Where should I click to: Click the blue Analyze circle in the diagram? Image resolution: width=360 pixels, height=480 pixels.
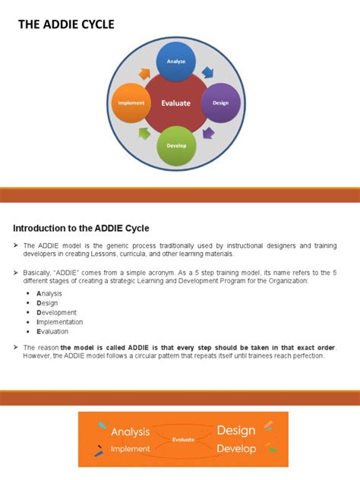(x=176, y=62)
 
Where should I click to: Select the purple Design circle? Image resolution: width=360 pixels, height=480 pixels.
(x=221, y=103)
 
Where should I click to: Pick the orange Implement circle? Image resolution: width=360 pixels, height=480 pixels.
(x=131, y=103)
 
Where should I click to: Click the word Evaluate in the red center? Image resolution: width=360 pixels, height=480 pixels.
(x=176, y=103)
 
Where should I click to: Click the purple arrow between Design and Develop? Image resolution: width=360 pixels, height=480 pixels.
(x=207, y=133)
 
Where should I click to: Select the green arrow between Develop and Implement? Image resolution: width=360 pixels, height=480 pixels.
(x=145, y=134)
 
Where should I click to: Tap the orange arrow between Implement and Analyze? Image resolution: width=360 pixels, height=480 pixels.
(x=144, y=74)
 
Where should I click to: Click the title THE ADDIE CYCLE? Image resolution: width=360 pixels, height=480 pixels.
(x=66, y=25)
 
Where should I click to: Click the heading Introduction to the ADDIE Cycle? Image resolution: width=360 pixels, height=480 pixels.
(x=81, y=228)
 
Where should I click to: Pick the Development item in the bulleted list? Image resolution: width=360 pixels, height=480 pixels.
(x=56, y=312)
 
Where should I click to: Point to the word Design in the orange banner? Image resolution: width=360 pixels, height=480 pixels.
(x=235, y=431)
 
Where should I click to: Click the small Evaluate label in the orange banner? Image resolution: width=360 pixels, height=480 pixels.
(x=183, y=439)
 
